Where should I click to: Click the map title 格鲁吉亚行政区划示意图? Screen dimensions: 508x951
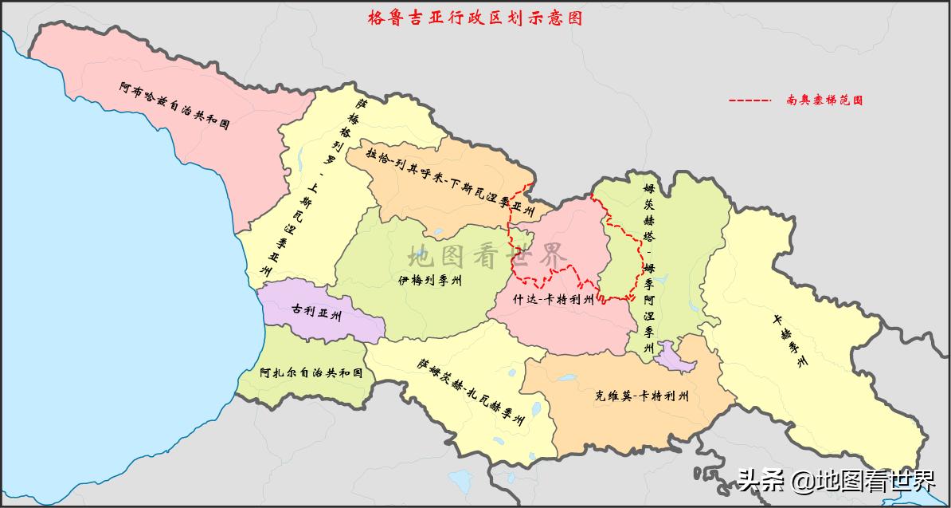[x=475, y=18]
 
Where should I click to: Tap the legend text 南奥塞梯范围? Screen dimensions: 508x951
[x=824, y=100]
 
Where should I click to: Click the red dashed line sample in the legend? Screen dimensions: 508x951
[x=749, y=100]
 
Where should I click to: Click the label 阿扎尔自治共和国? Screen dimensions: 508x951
[x=311, y=372]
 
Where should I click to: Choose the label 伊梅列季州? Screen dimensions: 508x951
[x=430, y=281]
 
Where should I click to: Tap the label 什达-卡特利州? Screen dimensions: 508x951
[x=554, y=300]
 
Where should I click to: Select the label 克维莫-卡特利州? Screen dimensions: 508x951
[x=641, y=396]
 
